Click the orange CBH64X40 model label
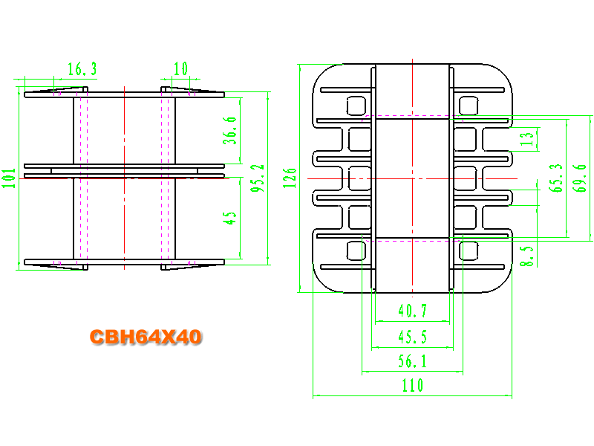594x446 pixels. click(146, 337)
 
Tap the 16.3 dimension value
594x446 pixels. click(82, 69)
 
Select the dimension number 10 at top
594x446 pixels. click(180, 68)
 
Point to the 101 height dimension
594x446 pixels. click(9, 178)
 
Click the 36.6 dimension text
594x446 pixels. click(229, 131)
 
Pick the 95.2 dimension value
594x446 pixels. click(257, 178)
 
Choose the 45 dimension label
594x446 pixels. click(229, 218)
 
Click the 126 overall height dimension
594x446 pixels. click(290, 178)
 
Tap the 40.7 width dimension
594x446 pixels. click(413, 311)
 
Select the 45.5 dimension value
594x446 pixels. click(413, 337)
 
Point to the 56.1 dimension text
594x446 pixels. click(413, 361)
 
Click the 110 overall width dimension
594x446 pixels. click(413, 386)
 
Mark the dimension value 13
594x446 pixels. click(527, 139)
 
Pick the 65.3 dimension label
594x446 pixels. click(555, 178)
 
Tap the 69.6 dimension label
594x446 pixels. click(580, 178)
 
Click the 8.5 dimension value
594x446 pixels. click(526, 256)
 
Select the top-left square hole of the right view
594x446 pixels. click(356, 106)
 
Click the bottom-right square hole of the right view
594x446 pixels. click(469, 251)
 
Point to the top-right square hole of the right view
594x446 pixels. click(469, 106)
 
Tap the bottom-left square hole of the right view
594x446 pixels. click(356, 251)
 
